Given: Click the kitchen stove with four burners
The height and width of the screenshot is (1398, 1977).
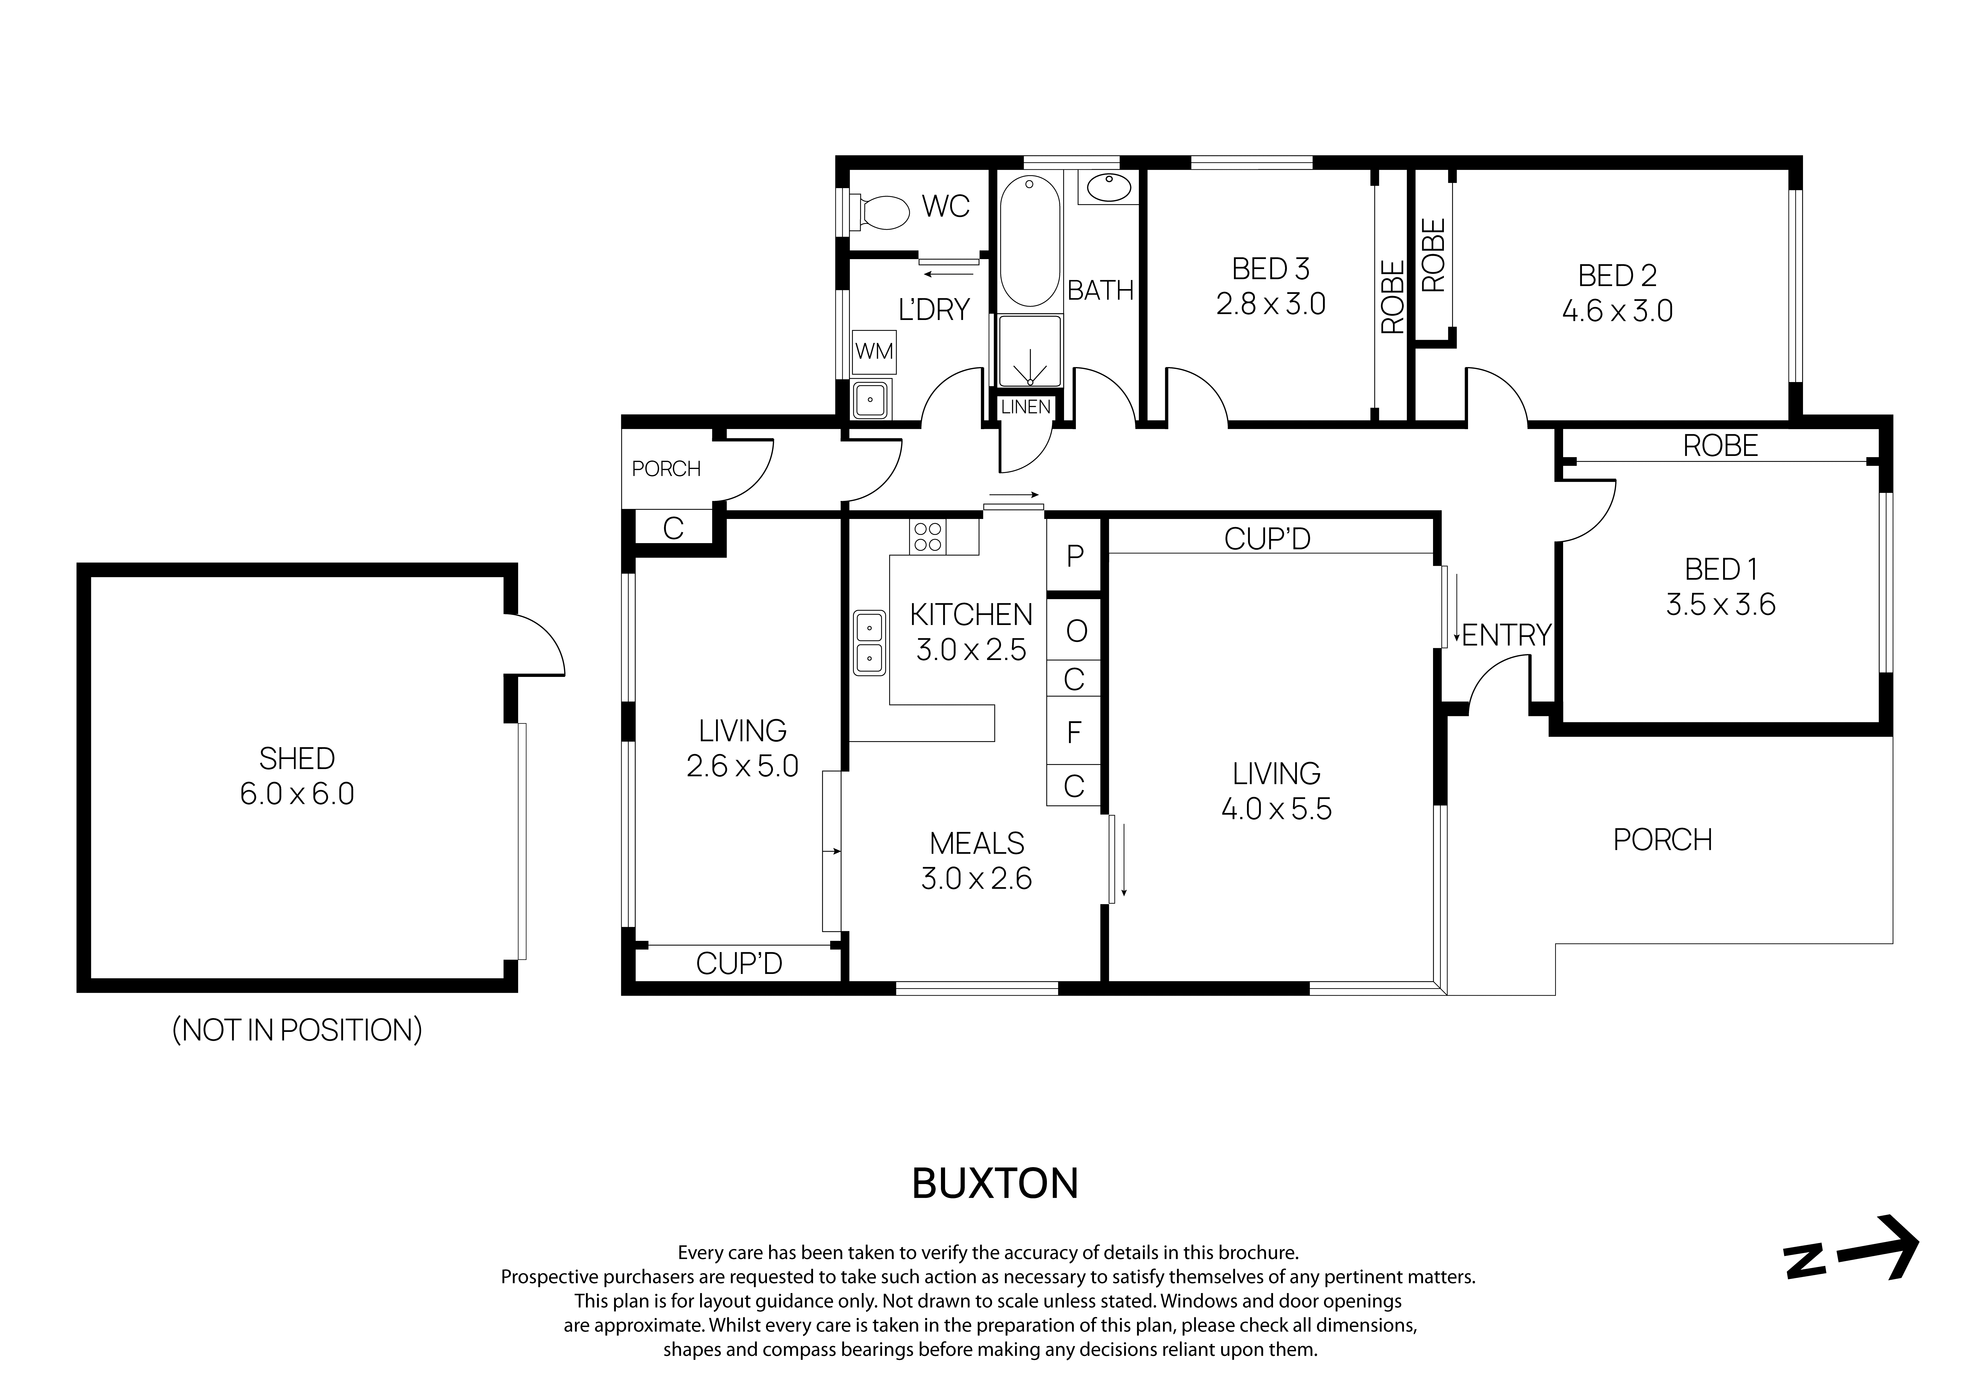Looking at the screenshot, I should point(927,538).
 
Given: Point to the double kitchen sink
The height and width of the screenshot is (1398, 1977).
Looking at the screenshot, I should point(870,643).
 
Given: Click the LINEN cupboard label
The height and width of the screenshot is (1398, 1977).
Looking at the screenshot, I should point(1025,407).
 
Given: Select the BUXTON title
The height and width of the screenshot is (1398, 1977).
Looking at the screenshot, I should point(995,1184).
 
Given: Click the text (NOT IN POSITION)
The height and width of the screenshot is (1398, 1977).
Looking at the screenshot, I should point(297,1030).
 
